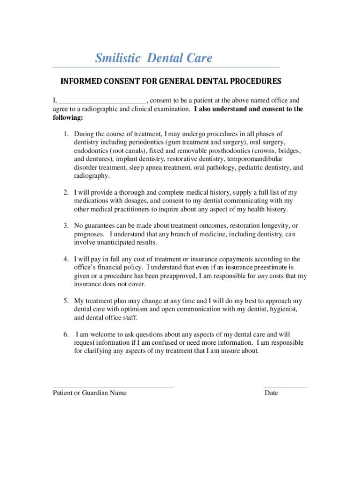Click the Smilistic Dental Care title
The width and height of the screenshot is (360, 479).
click(x=153, y=58)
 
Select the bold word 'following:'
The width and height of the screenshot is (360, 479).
click(x=67, y=118)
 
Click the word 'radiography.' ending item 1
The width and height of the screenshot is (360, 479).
click(x=92, y=176)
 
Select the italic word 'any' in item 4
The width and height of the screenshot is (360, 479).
click(x=263, y=276)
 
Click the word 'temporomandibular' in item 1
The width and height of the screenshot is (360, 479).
click(x=255, y=159)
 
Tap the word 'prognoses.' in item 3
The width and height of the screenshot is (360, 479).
click(x=90, y=234)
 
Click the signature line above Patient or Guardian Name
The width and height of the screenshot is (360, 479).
click(x=113, y=387)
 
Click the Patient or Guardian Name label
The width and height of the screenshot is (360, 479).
click(x=90, y=393)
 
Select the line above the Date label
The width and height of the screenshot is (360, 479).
click(x=286, y=387)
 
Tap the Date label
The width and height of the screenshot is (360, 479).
click(x=271, y=393)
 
